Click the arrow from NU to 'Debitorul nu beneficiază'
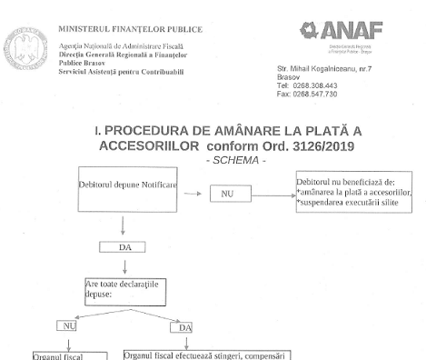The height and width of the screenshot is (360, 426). coord(272,194)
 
